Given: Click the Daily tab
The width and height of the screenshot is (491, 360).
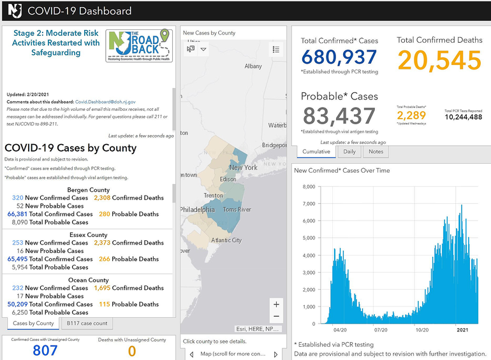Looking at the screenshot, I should tap(349, 152).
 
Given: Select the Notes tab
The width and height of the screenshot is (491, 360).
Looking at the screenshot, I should tap(376, 152).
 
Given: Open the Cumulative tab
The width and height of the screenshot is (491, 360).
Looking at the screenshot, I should tap(316, 152).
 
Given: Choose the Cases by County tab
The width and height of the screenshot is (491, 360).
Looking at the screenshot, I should tap(33, 323).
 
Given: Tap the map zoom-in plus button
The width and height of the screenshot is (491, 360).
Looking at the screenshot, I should tap(275, 304).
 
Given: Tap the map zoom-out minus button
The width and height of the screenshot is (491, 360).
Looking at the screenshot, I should tap(275, 317).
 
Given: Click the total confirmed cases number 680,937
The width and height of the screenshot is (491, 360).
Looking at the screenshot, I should tap(339, 58).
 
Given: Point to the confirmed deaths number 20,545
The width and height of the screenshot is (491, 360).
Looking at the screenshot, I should tap(439, 61).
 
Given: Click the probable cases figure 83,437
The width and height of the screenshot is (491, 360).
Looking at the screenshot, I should tap(339, 116).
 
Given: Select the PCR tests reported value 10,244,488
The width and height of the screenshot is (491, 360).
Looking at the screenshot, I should tap(463, 117).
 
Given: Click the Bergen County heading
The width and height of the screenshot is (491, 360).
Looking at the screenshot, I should tap(88, 190).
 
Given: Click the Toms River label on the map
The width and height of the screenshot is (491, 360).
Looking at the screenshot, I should tap(237, 210).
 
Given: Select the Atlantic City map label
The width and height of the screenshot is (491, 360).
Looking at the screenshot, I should tap(226, 240).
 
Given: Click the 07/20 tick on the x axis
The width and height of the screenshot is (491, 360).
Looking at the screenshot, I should tap(381, 330).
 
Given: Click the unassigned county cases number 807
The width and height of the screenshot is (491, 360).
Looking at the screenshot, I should tap(45, 350).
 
